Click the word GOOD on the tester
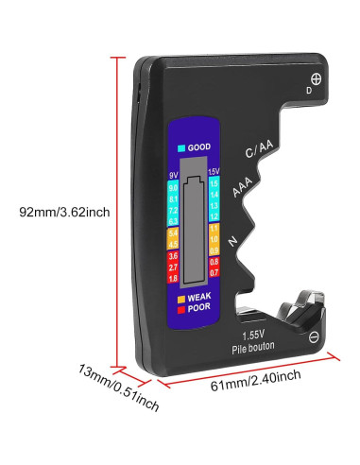tap(198, 147)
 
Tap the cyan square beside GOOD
tap(180, 147)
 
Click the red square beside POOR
tap(180, 307)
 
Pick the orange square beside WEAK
tap(180, 297)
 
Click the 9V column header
tap(172, 176)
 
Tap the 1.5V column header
tap(213, 170)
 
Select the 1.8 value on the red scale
tap(172, 278)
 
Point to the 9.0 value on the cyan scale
tap(172, 188)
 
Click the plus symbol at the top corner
tap(317, 78)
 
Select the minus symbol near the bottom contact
tap(315, 336)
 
